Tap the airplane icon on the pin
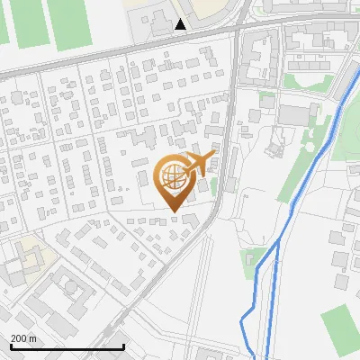pos(198,163)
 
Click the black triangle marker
pos(181,24)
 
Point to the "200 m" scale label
pos(24,338)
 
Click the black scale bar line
pos(67,346)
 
